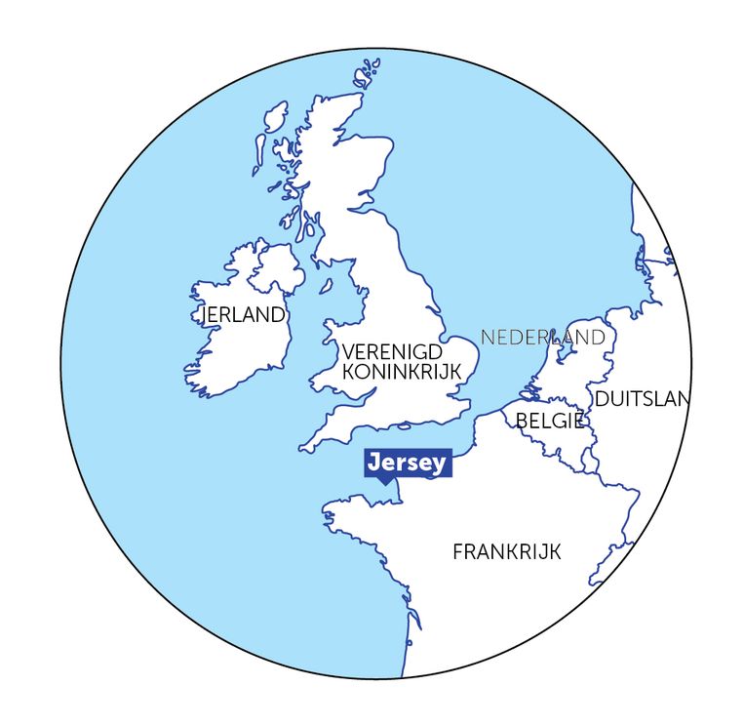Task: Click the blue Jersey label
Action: [409, 463]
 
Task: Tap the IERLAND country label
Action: [243, 314]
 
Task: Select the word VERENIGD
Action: [392, 351]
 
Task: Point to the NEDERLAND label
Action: [542, 337]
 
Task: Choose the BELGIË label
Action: [549, 421]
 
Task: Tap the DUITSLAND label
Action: [641, 398]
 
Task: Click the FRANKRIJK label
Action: [507, 551]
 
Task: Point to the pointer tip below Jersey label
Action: [384, 483]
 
